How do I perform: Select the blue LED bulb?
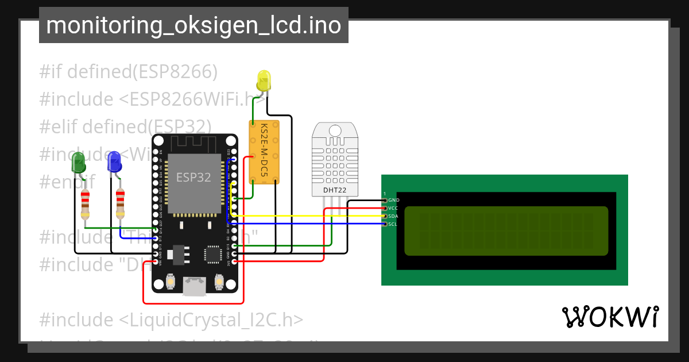[x=114, y=161]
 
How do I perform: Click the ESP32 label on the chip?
[x=193, y=178]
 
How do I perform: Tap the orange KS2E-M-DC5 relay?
[x=265, y=152]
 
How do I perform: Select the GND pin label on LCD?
[x=393, y=200]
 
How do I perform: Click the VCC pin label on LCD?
[x=393, y=208]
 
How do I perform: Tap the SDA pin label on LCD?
[x=393, y=216]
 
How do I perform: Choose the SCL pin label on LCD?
[x=393, y=224]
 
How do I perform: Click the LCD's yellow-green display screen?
[x=506, y=230]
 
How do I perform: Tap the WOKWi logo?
[x=610, y=317]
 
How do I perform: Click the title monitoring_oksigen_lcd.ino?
[x=193, y=25]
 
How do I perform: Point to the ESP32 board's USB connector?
[x=194, y=286]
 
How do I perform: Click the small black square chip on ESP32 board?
[x=213, y=254]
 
